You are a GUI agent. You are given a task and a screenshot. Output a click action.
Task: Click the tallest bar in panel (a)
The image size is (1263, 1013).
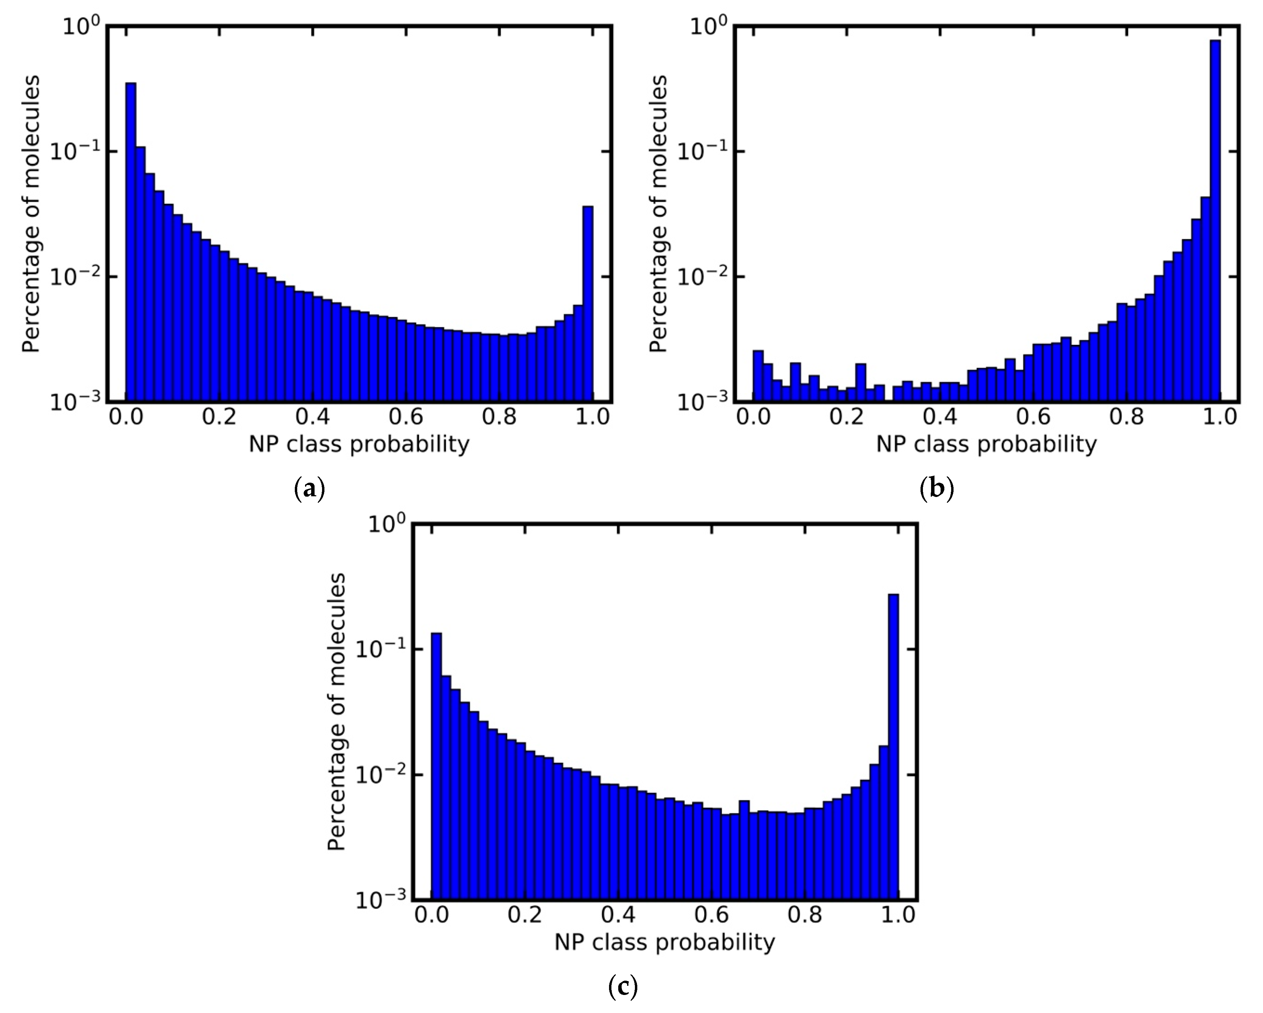131,240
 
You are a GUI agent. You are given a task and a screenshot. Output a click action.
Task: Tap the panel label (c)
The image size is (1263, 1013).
623,987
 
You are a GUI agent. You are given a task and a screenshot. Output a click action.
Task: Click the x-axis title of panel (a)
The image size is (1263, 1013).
359,444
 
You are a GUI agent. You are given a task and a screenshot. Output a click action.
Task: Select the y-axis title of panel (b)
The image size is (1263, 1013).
659,214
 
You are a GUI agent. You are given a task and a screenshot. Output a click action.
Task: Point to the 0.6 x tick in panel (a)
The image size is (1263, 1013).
406,417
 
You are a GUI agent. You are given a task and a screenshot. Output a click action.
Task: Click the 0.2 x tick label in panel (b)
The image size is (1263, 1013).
847,417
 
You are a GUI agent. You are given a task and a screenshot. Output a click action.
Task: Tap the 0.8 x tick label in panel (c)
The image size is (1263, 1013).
805,915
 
